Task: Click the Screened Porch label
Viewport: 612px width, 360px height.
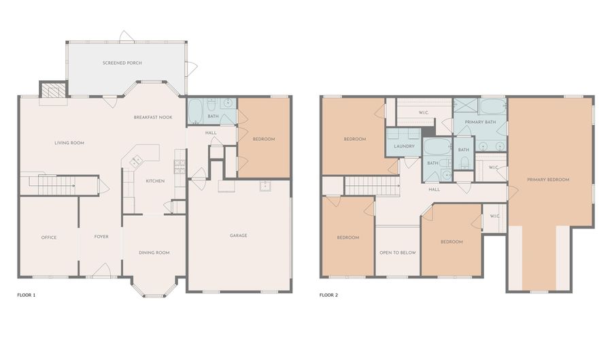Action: tap(122, 63)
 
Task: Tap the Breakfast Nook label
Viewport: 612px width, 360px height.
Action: tap(153, 117)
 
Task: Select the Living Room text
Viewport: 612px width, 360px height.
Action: tap(69, 143)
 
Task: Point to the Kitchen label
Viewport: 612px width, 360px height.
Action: tap(155, 181)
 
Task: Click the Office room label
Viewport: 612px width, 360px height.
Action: tap(49, 238)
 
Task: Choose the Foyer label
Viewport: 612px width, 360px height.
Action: tap(101, 237)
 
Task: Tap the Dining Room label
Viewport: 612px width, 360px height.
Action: tap(154, 252)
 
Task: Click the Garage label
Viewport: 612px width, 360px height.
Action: tap(239, 235)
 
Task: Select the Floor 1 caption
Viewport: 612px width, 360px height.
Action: tap(26, 295)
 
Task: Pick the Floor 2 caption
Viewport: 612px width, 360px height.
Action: tap(328, 295)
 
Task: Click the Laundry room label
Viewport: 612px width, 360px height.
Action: tap(404, 146)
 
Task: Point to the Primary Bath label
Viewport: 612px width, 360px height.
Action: tap(480, 122)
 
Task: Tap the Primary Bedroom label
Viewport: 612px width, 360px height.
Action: tap(548, 180)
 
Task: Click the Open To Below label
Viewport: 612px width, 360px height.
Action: tap(398, 252)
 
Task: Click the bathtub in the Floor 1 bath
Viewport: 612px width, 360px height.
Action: tap(195, 111)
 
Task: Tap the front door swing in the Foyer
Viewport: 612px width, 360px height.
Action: tap(101, 269)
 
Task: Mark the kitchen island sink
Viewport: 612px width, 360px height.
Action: tap(137, 161)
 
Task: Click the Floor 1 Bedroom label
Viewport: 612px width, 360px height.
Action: tap(264, 139)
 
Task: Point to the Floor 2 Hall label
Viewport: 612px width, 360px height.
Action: tap(434, 189)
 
